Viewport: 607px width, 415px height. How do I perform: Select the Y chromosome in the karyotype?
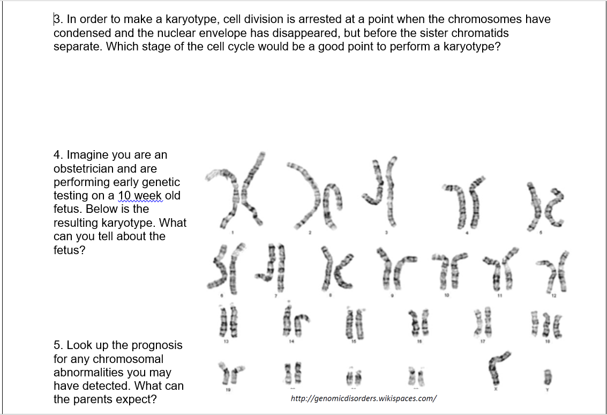(x=548, y=374)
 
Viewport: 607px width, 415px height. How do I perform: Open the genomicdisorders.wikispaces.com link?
(x=363, y=398)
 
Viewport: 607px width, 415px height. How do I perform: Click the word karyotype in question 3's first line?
(x=191, y=20)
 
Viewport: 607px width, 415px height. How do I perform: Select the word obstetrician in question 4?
(x=86, y=169)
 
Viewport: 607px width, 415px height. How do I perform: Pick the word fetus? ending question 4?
(x=69, y=250)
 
